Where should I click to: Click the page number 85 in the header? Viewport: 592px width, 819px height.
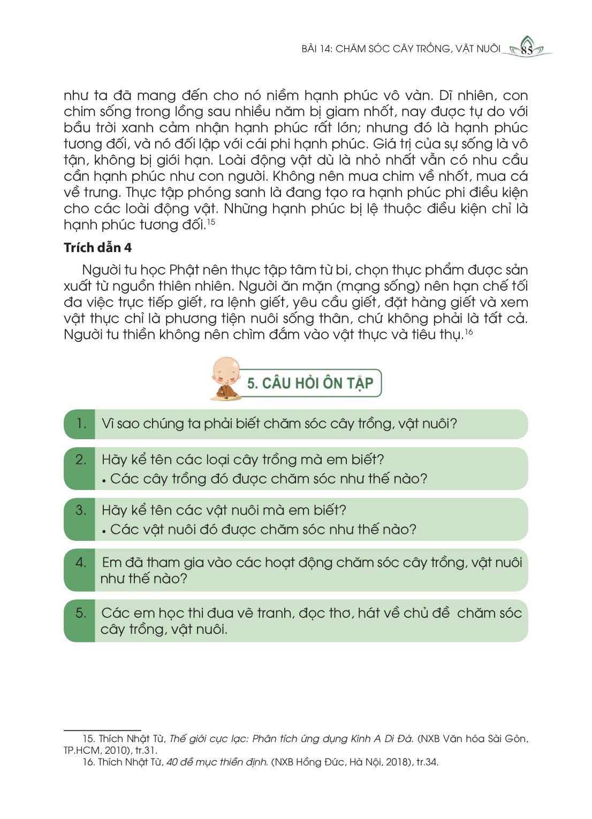point(527,51)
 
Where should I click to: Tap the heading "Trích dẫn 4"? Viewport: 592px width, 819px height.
point(97,248)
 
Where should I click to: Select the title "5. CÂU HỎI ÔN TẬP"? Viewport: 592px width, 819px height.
point(310,383)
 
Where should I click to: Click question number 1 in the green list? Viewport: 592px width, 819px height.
point(81,424)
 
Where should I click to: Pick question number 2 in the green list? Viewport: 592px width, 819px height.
point(81,460)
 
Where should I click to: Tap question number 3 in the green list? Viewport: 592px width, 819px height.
point(81,510)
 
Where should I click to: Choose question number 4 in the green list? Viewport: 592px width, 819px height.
point(81,562)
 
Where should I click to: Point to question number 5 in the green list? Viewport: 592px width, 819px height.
point(81,613)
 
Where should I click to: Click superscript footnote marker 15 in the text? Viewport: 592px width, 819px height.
point(211,221)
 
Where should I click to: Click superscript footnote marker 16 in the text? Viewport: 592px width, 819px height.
point(469,332)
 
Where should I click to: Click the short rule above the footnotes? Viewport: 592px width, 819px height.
point(102,730)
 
